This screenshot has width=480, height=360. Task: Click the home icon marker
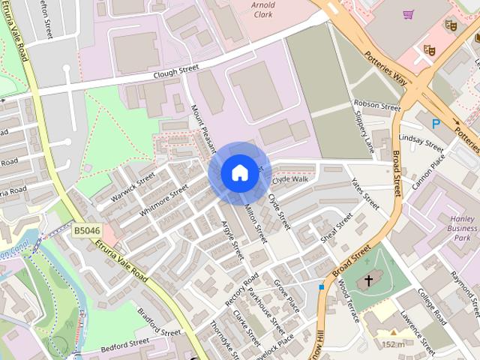239,172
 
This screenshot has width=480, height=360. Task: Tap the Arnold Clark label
262,9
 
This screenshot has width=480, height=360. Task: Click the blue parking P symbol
435,124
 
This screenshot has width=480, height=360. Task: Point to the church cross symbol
367,281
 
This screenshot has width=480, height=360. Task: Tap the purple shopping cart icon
408,14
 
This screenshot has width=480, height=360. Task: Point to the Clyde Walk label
290,180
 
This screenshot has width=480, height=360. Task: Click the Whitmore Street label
163,200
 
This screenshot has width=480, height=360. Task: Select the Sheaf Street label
336,229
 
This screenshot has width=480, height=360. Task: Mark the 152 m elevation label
392,344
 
